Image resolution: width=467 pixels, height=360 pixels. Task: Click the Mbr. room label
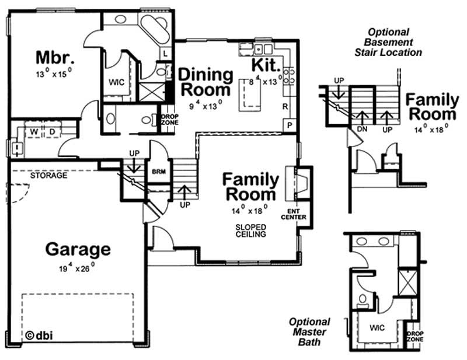(55, 58)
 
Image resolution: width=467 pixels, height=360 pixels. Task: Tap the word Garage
(78, 249)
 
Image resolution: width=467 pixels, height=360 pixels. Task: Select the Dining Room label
(205, 82)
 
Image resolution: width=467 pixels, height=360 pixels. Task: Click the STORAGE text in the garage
(49, 174)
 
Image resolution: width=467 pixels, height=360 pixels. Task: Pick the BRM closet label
(158, 173)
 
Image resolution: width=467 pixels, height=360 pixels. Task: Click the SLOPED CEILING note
(252, 230)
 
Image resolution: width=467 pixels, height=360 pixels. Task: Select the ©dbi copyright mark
(38, 334)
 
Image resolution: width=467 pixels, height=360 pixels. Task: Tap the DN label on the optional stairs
(361, 128)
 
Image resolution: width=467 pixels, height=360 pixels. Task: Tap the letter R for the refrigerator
(284, 107)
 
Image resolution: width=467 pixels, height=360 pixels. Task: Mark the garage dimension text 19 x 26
(78, 269)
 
